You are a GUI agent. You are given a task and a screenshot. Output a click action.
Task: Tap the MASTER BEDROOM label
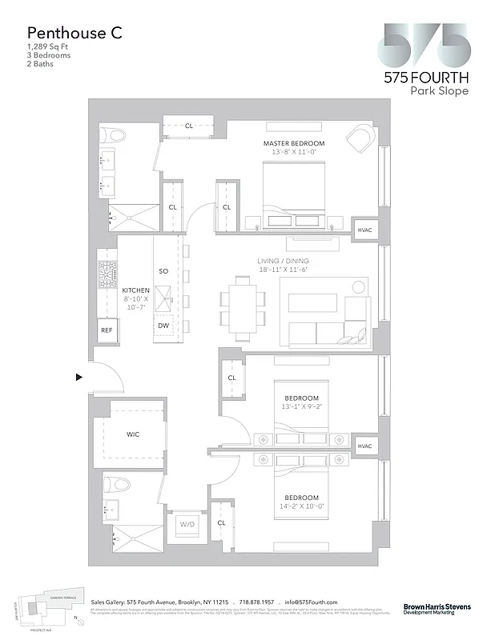click(x=294, y=143)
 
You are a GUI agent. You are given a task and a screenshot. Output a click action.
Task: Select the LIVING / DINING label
click(x=283, y=262)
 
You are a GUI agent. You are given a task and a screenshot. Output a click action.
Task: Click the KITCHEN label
click(x=135, y=290)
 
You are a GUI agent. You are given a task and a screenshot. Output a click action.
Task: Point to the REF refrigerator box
click(x=107, y=330)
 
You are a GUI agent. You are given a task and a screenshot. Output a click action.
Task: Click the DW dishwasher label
click(x=163, y=326)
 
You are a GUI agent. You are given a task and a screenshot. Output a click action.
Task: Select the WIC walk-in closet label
click(x=133, y=434)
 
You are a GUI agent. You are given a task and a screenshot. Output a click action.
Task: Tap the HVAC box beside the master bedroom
click(x=364, y=230)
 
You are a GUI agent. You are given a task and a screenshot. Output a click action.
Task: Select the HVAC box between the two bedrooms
click(x=364, y=446)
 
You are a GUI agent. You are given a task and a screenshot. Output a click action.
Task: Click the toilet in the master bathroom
click(x=114, y=135)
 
